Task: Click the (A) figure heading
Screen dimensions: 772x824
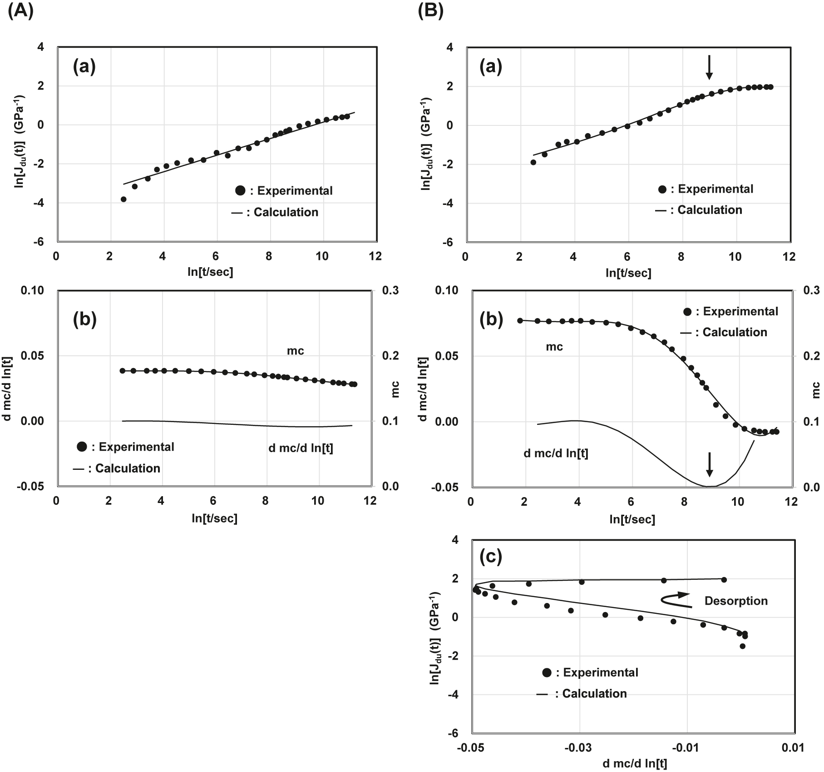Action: [21, 10]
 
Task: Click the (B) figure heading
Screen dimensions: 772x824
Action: [430, 10]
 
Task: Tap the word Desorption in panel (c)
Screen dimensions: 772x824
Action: [736, 601]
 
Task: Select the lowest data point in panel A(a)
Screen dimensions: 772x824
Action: [123, 199]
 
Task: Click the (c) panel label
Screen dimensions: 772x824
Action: [491, 557]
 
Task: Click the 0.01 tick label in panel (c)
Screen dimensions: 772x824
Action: [793, 747]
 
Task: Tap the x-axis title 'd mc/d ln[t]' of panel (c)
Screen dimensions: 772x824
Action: [635, 764]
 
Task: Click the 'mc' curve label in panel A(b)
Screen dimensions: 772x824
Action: [295, 351]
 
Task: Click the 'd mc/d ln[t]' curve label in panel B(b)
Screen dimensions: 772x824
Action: [556, 453]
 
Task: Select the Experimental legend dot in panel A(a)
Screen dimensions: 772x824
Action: [240, 191]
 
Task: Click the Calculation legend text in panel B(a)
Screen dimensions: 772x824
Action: [710, 210]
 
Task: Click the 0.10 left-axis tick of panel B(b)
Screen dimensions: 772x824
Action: [447, 290]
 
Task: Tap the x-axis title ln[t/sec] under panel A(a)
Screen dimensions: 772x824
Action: [210, 272]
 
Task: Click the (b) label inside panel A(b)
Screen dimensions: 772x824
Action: [85, 320]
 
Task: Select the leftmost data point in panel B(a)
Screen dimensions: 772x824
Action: [533, 162]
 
